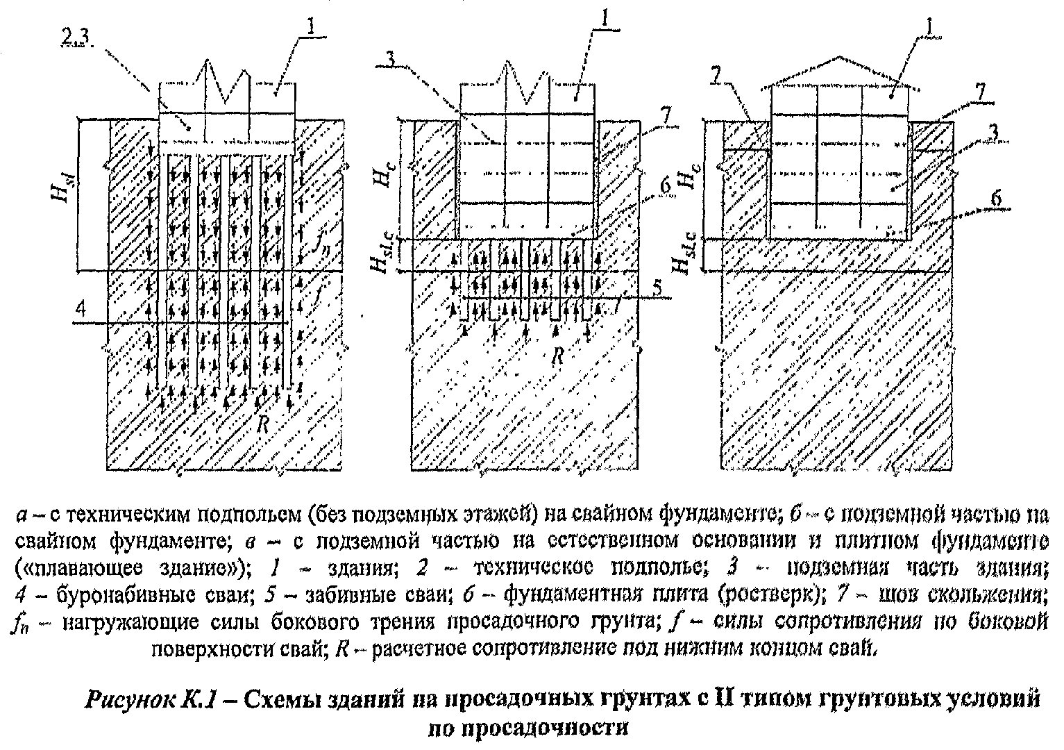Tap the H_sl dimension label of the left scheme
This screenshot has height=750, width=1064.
click(63, 191)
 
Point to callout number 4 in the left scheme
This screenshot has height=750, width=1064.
click(81, 310)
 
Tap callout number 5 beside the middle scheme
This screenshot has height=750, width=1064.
click(657, 288)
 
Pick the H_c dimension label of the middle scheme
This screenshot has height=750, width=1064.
click(385, 173)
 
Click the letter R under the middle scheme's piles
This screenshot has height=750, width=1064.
click(557, 356)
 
